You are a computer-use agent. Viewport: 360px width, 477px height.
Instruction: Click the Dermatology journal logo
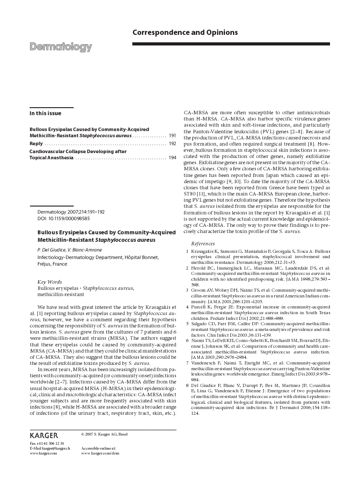[x=61, y=47]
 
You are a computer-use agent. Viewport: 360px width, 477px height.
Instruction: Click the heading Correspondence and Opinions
[x=185, y=33]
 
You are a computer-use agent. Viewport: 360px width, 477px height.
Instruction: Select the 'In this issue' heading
[x=45, y=113]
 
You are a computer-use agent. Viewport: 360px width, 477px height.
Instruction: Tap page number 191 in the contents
[x=172, y=135]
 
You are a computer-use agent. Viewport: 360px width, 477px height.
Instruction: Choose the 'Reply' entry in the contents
[x=36, y=143]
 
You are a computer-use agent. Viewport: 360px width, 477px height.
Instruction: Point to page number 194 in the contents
[x=172, y=158]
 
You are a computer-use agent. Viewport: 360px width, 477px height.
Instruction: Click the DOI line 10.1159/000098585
[x=64, y=218]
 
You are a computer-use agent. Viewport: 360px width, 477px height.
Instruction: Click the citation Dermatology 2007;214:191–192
[x=71, y=212]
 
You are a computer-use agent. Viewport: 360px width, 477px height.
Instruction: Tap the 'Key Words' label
[x=49, y=282]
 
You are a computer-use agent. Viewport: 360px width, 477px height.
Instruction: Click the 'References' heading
[x=203, y=244]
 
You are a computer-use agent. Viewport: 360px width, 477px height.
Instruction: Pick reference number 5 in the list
[x=187, y=323]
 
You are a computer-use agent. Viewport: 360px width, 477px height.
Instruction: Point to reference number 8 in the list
[x=187, y=385]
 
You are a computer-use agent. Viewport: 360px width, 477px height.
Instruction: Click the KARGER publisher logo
[x=44, y=436]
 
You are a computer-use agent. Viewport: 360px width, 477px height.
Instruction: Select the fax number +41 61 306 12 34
[x=47, y=443]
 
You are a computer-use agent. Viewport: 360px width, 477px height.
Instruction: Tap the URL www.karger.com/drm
[x=100, y=453]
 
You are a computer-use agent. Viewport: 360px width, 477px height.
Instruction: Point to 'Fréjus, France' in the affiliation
[x=52, y=264]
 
